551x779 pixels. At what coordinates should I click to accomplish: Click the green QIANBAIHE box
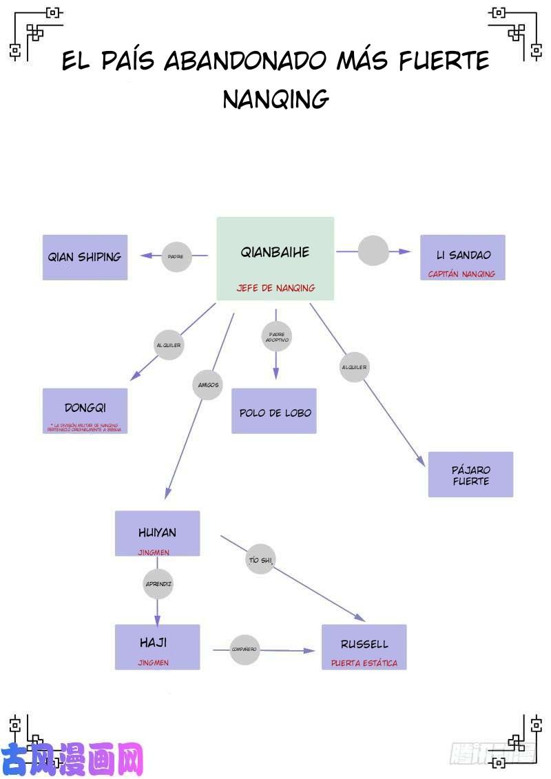tap(275, 258)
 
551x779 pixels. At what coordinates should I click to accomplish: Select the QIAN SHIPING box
tap(85, 257)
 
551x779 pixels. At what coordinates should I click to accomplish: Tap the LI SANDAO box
tap(462, 257)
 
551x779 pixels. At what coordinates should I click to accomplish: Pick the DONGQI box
tap(85, 411)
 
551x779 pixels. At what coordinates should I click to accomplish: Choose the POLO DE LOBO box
tap(274, 411)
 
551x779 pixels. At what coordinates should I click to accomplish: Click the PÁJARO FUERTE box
tap(470, 475)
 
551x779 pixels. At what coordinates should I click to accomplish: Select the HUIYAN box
tap(157, 533)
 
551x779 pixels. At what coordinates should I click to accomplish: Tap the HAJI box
tap(157, 647)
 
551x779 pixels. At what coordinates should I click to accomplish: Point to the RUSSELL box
tap(364, 647)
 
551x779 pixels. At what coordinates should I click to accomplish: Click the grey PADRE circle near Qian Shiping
tap(176, 256)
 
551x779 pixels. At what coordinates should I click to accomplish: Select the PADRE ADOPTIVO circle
tap(276, 337)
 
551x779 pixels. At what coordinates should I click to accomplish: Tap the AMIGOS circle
tap(208, 384)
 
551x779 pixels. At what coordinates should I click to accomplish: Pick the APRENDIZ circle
tap(158, 583)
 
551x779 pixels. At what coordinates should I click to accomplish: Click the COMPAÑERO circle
tap(244, 649)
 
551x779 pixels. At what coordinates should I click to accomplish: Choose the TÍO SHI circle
tap(260, 560)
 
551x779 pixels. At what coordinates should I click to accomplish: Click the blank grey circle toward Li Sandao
tap(373, 251)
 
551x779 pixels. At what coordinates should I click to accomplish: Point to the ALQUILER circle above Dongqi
tap(169, 344)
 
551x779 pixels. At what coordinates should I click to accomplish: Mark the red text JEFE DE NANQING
tap(275, 288)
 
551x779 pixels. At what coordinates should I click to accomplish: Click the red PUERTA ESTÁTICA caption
tap(364, 663)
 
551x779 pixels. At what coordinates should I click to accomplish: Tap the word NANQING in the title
tap(275, 99)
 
